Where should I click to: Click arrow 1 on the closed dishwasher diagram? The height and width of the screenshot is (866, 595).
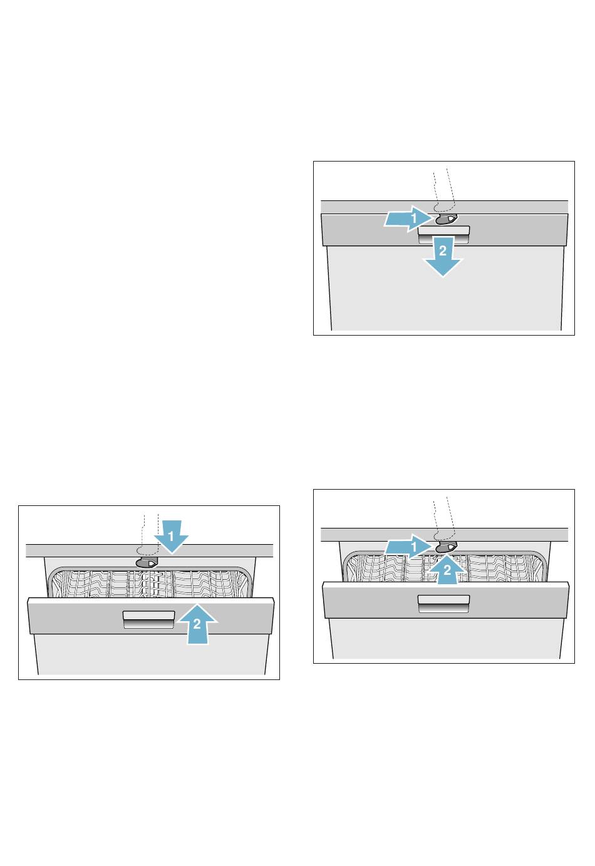(408, 219)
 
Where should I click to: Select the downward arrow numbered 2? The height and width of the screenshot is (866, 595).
(443, 257)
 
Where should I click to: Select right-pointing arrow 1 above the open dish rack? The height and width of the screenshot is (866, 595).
(408, 546)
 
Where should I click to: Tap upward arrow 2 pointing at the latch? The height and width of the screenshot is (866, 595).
(447, 570)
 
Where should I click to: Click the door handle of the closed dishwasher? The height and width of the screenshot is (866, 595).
(444, 234)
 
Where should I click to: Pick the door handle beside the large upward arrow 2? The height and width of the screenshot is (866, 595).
(148, 619)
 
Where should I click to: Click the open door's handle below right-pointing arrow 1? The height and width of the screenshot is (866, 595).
(444, 604)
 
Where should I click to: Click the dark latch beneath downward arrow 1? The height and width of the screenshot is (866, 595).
(147, 563)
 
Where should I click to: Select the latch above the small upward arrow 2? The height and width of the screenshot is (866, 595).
(445, 548)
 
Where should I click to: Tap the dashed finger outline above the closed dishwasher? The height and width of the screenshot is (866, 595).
(443, 190)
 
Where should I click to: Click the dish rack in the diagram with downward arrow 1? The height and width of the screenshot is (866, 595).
(150, 583)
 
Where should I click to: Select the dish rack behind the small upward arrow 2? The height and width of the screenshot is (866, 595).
(445, 567)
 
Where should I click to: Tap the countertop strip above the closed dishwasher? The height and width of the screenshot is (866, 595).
(445, 207)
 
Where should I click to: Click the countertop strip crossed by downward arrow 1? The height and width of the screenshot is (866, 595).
(149, 551)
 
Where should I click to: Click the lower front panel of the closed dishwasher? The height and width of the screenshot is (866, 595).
(445, 288)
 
